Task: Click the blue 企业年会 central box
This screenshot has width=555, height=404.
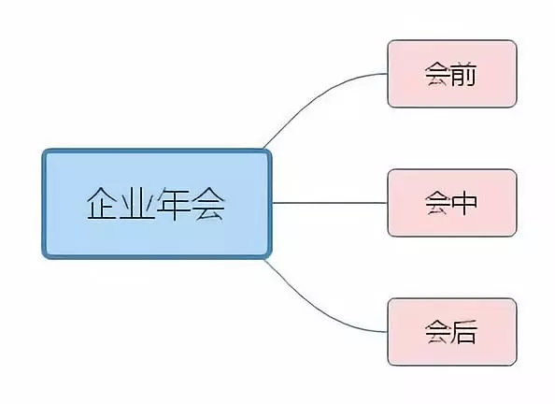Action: [157, 204]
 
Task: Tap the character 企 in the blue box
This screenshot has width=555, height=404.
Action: [102, 204]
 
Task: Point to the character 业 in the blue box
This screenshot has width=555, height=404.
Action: [137, 204]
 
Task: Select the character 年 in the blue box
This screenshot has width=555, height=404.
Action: [174, 204]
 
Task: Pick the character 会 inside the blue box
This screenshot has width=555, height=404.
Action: [209, 204]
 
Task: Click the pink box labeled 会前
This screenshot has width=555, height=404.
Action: [452, 74]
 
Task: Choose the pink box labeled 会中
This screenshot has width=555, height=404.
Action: [452, 203]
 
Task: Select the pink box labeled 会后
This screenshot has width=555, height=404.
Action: [452, 332]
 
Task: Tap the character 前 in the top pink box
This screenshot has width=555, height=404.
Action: [464, 74]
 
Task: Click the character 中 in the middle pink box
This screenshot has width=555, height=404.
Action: [464, 203]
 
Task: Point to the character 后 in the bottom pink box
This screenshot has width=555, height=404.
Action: [464, 332]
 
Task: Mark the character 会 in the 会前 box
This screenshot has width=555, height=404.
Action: [438, 74]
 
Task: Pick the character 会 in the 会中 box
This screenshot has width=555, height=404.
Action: [438, 203]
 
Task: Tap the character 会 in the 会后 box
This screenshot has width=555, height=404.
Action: [438, 332]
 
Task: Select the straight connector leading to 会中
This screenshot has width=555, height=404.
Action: [330, 203]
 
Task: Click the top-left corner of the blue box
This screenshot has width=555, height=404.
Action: [42, 150]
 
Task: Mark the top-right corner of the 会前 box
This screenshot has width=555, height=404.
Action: [517, 40]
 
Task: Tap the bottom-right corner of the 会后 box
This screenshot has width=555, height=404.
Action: [517, 365]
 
